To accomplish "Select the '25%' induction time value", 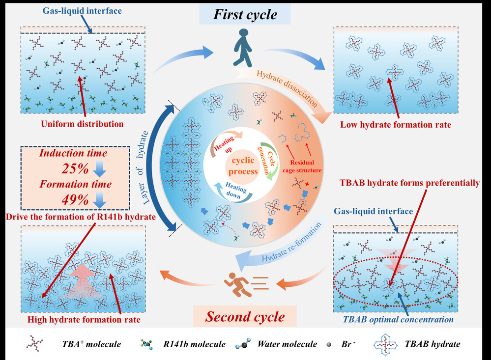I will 75,169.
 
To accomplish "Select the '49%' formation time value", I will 75,200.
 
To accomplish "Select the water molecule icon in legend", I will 244,345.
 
